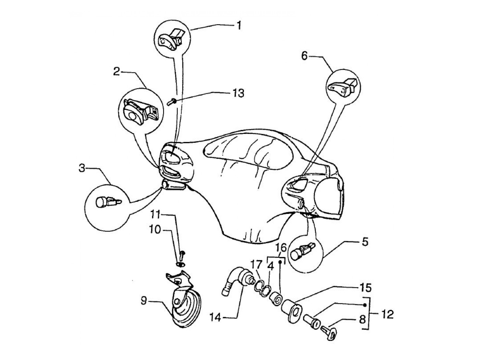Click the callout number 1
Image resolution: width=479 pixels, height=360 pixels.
[239, 25]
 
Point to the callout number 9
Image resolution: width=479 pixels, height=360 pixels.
[144, 301]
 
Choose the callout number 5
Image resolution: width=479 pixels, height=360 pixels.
[365, 242]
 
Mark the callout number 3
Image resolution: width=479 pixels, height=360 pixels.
[82, 168]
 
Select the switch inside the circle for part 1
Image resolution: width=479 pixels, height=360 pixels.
[171, 38]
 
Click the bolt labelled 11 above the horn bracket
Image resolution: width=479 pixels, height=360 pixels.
[182, 254]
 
